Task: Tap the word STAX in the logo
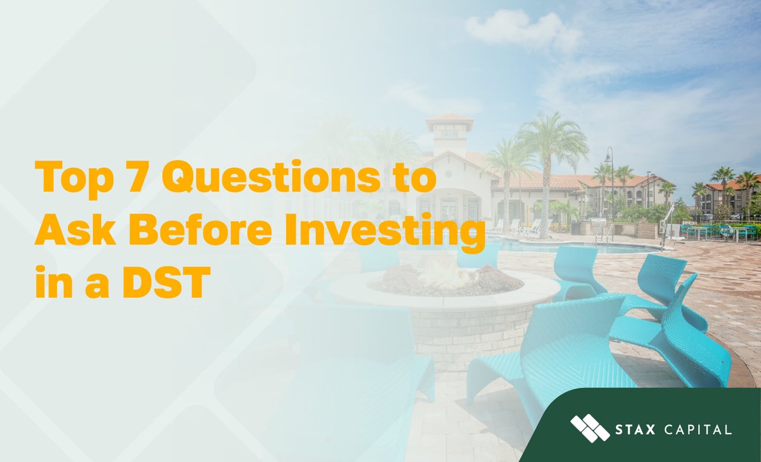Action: tap(635, 431)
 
